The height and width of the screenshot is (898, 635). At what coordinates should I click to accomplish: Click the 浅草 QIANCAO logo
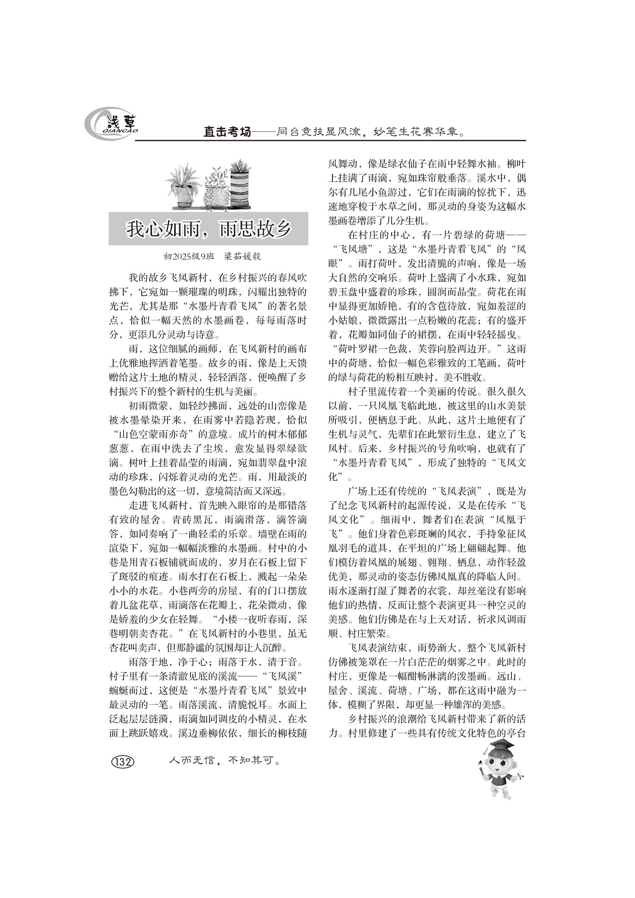111,125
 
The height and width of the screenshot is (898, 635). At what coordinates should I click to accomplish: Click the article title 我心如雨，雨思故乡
208,229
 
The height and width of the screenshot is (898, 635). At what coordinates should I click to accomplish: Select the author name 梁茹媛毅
242,256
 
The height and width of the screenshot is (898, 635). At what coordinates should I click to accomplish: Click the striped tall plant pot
240,187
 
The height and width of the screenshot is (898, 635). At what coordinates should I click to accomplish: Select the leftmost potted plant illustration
184,187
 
